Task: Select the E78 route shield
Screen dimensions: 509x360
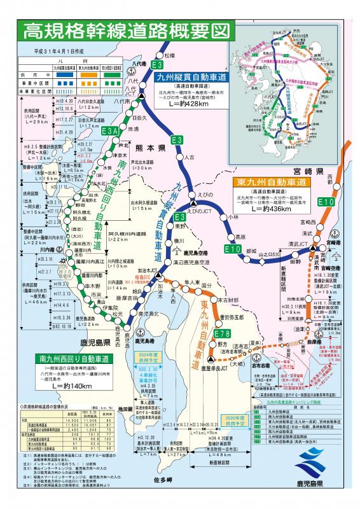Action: pos(222,334)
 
